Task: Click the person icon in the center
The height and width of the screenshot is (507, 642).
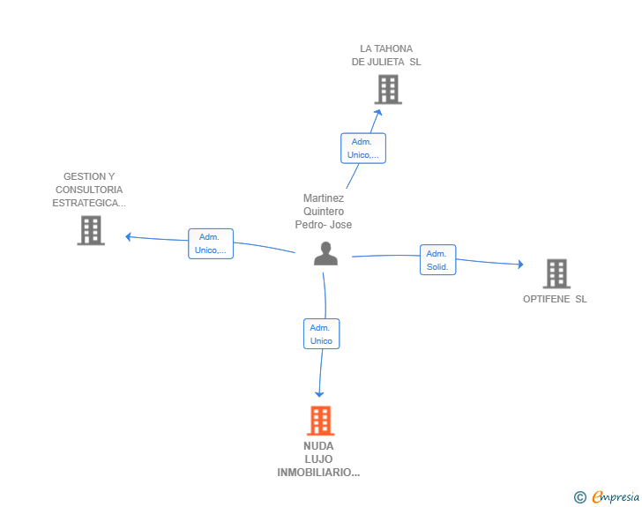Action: pos(326,254)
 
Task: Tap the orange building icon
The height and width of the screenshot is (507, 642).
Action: pos(321,421)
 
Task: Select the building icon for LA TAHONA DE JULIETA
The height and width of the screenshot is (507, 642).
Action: pos(388,89)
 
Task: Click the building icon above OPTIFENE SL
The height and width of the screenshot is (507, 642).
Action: pos(556,273)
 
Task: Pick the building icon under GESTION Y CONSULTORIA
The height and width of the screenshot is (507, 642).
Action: pos(91,230)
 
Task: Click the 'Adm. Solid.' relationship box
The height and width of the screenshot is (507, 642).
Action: pos(437,259)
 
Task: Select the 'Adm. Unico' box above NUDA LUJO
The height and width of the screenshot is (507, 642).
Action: pos(321,334)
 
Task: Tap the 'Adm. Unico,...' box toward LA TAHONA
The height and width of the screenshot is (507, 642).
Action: pos(363,148)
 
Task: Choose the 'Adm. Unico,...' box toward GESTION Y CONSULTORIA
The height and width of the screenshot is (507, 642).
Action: pos(211,243)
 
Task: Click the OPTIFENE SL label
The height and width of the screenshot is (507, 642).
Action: pos(555,299)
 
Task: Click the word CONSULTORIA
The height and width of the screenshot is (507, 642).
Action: pos(89,190)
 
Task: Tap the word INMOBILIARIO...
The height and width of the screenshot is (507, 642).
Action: pos(318,473)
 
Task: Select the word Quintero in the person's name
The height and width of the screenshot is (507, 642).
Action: pos(324,212)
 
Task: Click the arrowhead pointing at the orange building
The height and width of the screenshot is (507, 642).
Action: pos(319,394)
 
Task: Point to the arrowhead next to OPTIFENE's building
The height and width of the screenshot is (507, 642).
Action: pos(521,265)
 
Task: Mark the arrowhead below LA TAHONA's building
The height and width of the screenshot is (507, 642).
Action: pos(378,112)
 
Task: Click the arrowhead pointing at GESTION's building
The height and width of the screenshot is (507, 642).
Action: pos(128,236)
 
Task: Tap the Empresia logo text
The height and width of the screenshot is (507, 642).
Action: pos(616,496)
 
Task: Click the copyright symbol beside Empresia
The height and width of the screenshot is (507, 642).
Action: pos(580,497)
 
